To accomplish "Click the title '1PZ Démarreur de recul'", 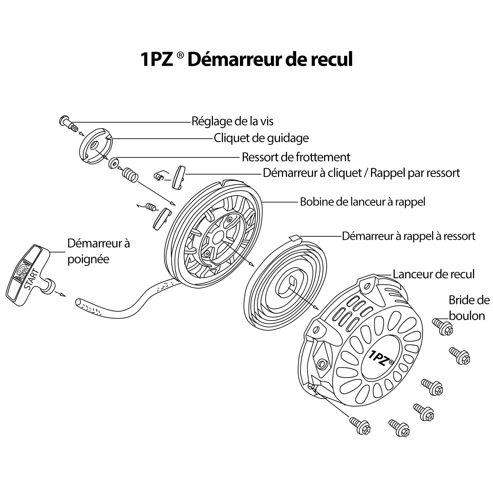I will pyautogui.click(x=246, y=59).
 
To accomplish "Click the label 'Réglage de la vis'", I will pyautogui.click(x=232, y=121).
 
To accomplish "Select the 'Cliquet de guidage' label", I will pyautogui.click(x=261, y=138).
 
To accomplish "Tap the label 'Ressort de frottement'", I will pyautogui.click(x=296, y=157).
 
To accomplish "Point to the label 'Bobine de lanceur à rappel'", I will pyautogui.click(x=363, y=201).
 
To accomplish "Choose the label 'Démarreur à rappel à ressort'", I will pyautogui.click(x=409, y=236).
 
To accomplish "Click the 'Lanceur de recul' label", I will pyautogui.click(x=434, y=274).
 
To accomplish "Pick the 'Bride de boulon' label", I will pyautogui.click(x=469, y=308).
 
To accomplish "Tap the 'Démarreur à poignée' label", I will pyautogui.click(x=98, y=251).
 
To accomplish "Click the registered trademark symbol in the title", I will pyautogui.click(x=180, y=55).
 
